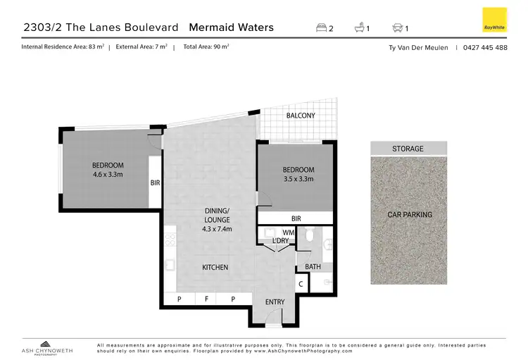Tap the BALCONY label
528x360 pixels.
(301, 116)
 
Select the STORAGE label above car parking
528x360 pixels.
(408, 149)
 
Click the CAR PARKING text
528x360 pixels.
(410, 215)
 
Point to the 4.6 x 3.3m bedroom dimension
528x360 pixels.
(108, 174)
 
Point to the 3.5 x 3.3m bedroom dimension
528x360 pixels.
(298, 179)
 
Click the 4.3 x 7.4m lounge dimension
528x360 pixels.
(218, 229)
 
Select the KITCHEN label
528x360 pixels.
(215, 268)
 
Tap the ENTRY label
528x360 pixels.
(275, 302)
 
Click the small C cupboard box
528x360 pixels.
(301, 285)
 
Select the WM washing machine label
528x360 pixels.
(287, 232)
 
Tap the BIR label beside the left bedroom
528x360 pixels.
(155, 182)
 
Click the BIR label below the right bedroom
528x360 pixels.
(296, 219)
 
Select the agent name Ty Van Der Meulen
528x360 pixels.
(419, 48)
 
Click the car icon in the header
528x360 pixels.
(397, 29)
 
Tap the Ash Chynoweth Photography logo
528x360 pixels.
(44, 345)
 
